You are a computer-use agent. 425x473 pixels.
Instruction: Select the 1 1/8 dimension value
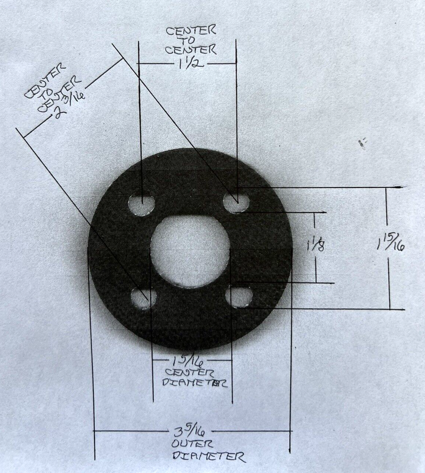pyautogui.click(x=315, y=245)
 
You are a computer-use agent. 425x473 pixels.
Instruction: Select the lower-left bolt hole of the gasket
pyautogui.click(x=143, y=297)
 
